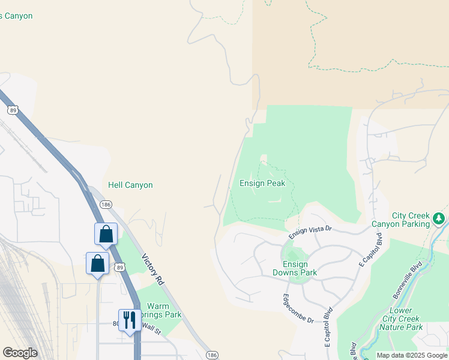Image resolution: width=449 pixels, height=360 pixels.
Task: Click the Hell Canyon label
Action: click(130, 185)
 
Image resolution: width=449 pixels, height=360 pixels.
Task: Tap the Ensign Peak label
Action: click(262, 184)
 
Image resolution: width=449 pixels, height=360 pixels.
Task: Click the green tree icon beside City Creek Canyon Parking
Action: click(440, 218)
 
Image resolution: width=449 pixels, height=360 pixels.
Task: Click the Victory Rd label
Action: click(152, 269)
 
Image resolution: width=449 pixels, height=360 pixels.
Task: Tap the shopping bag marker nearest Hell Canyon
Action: click(106, 234)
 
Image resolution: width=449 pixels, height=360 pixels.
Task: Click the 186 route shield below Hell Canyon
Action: click(106, 205)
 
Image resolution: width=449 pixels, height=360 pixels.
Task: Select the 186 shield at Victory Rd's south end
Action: click(211, 356)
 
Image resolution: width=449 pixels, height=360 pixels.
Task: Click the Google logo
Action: click(20, 353)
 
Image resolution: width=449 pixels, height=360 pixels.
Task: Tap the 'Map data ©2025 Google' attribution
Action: click(412, 355)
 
